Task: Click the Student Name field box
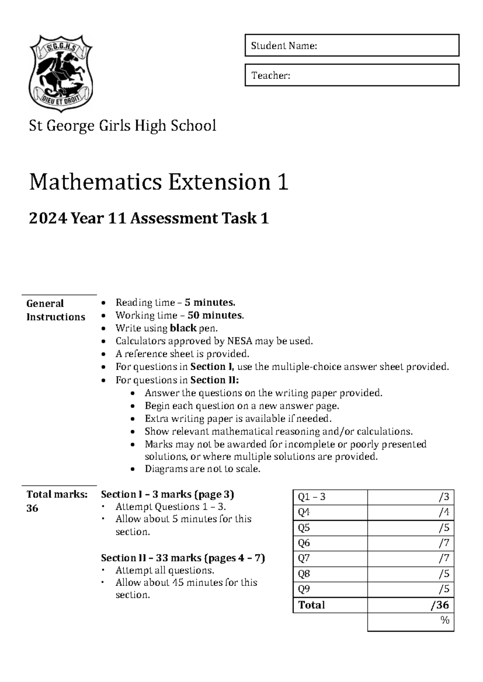pos(352,45)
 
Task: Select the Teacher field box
pos(352,75)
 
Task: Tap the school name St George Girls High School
pos(122,126)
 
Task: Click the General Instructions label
pos(56,310)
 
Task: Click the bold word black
pos(183,328)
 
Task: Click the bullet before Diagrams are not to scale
pos(133,469)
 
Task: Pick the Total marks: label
pos(57,494)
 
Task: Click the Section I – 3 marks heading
pos(167,494)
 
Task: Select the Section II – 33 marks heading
pos(183,558)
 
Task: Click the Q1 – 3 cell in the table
pos(330,497)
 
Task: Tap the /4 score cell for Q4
pos(411,513)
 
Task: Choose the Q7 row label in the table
pos(330,559)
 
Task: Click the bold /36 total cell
pos(411,605)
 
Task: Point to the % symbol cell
pos(411,620)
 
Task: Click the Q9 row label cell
pos(330,590)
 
